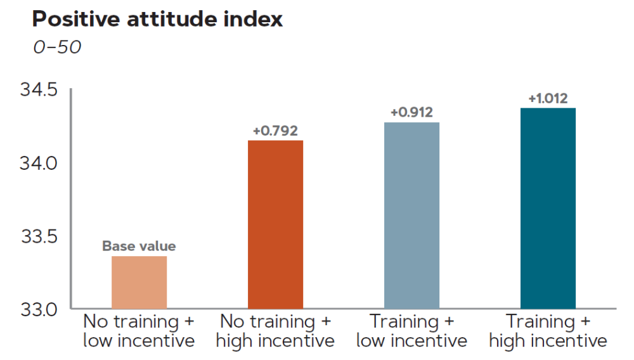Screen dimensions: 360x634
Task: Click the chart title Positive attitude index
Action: pos(157,20)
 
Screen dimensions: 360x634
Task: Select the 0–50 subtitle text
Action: pos(57,48)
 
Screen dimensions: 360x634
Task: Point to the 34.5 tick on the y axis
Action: pos(39,90)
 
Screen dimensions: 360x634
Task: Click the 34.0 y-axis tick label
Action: pos(39,163)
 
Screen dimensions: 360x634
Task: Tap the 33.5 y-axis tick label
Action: pos(39,236)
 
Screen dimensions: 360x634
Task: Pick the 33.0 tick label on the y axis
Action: pos(39,309)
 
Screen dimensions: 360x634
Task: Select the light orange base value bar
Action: pos(139,283)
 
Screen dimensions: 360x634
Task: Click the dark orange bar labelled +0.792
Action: pos(275,224)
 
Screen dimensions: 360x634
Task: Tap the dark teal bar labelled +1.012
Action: pos(548,209)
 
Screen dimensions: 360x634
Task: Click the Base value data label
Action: pos(139,247)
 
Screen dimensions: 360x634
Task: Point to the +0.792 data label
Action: pos(275,131)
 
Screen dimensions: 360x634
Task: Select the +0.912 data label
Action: pos(411,113)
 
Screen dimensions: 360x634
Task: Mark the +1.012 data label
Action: pos(548,99)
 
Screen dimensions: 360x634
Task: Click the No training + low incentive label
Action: pos(139,331)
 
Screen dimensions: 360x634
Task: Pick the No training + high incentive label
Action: pos(275,331)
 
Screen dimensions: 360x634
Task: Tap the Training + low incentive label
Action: pos(411,331)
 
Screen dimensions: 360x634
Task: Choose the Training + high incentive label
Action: pos(548,331)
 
